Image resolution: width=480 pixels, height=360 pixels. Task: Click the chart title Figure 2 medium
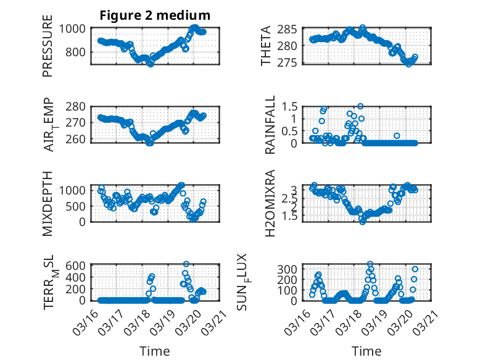pos(155,15)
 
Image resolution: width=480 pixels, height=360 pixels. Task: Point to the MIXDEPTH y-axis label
pos(48,203)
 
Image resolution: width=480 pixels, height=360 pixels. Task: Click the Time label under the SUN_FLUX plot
pos(366,351)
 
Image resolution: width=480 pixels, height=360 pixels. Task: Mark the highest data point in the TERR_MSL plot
pos(186,264)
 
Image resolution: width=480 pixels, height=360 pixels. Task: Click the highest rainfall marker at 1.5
pos(360,106)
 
